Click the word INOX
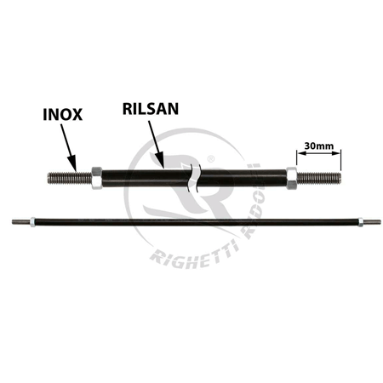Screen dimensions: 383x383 [x=62, y=114]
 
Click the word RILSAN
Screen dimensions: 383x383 [x=151, y=108]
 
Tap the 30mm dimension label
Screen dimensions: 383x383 [x=318, y=146]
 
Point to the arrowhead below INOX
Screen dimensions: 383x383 [x=73, y=163]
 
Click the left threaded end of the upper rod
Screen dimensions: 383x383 [x=70, y=178]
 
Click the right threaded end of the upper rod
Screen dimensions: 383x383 [x=318, y=178]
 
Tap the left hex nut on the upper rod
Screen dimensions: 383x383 [x=97, y=178]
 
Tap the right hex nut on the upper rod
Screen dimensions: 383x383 [x=291, y=178]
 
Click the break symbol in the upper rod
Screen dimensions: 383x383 [x=195, y=178]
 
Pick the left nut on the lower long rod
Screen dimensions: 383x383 [x=32, y=222]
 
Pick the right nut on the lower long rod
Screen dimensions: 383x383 [x=360, y=222]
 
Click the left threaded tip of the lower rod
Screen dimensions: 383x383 [x=21, y=222]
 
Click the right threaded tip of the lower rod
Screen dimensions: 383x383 [x=372, y=222]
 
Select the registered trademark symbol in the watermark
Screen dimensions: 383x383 [x=211, y=159]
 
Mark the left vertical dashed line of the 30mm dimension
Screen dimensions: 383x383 [x=297, y=157]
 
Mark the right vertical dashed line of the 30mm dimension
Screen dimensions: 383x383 [x=340, y=160]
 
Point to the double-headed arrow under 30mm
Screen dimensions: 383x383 [x=318, y=153]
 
